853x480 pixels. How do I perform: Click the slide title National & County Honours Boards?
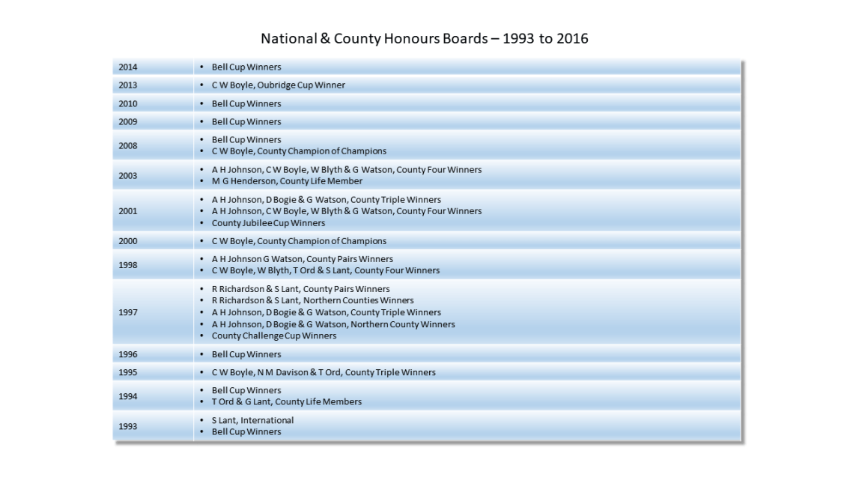point(424,38)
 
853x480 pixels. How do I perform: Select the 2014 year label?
point(128,67)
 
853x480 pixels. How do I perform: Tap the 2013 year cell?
point(128,85)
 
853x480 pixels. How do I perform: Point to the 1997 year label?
point(128,312)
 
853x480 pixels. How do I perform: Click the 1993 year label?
point(128,426)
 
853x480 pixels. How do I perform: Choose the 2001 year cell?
point(128,211)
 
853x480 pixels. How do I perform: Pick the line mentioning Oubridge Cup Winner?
point(278,85)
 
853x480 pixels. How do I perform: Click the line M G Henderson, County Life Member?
point(287,181)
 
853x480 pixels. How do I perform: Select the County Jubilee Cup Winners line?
point(268,223)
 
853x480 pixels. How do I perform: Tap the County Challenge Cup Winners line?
point(274,336)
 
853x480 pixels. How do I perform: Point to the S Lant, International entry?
point(252,420)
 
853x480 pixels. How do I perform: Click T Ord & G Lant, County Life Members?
point(287,402)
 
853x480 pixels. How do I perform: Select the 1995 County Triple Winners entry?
point(324,372)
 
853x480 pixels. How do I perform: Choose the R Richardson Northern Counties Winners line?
point(312,300)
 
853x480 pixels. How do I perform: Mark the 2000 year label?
point(128,241)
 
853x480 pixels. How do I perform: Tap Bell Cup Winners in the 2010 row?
point(246,103)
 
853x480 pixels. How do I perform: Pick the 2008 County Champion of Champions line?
point(299,151)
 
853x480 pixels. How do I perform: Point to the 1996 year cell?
point(128,354)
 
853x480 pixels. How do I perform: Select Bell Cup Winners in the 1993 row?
point(246,432)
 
